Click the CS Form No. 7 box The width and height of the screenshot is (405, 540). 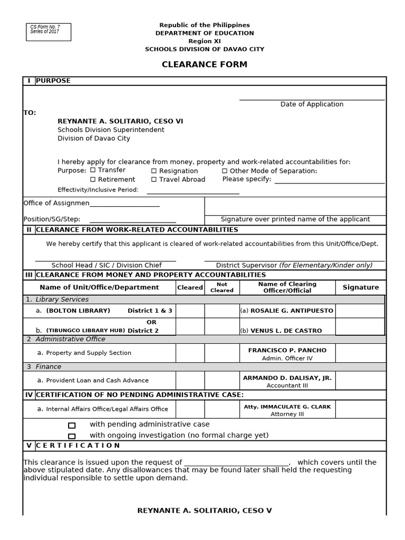[x=49, y=32]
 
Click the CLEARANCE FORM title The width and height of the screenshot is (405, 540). [x=204, y=65]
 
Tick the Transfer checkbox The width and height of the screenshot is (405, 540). [x=93, y=170]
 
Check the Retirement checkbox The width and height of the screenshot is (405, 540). [x=93, y=179]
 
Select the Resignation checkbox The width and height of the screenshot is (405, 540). [x=154, y=171]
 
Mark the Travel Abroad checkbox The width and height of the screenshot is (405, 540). [x=154, y=179]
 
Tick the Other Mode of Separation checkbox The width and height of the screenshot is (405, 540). [x=225, y=171]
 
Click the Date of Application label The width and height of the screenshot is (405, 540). [x=312, y=104]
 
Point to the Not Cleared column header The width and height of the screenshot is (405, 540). [x=222, y=287]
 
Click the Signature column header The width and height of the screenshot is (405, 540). [x=361, y=287]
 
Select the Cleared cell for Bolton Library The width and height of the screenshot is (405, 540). [x=190, y=311]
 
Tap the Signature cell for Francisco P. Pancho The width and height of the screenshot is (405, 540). [x=361, y=353]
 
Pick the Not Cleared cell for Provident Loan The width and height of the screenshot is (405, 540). [x=222, y=380]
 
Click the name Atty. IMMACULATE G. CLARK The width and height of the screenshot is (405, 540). [x=287, y=407]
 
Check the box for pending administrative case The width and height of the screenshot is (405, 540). [x=72, y=425]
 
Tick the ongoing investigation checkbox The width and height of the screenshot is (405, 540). [x=72, y=436]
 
